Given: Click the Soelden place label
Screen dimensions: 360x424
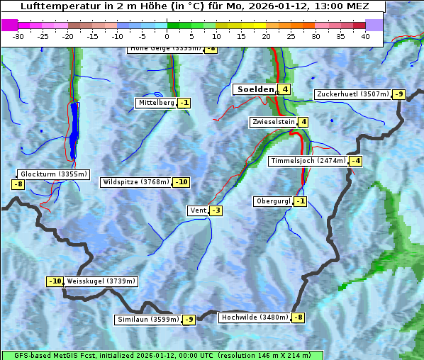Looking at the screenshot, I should pos(255,89).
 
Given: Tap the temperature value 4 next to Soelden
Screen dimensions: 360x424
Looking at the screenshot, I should pos(284,89).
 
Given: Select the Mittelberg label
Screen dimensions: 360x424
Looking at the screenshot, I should pos(156,103).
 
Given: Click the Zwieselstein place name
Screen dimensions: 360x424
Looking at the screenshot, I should pos(273,122).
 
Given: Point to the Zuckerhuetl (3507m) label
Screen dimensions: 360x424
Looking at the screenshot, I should pos(353,94).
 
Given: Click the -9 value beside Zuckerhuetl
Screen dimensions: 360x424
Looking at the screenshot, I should pos(399,94).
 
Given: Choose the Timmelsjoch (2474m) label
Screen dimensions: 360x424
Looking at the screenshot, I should pos(308,161).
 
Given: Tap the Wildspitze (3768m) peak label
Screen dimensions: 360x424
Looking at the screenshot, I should pos(136,182).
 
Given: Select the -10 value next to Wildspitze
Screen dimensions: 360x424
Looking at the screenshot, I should pos(182,182).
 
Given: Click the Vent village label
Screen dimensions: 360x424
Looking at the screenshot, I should pos(197,210).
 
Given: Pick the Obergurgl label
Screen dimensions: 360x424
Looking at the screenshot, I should pos(273,201).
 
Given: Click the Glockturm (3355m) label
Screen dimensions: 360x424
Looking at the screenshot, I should pos(54,174).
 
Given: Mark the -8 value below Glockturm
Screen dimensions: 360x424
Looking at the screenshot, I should pos(18,184).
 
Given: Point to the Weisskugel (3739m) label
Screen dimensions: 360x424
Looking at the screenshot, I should pos(101,281).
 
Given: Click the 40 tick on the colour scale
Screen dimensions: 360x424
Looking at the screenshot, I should pos(365,36).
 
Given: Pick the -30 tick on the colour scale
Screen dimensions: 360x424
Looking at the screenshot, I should pos(18,36).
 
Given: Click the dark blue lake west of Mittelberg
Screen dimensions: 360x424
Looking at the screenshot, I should pos(74,128).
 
